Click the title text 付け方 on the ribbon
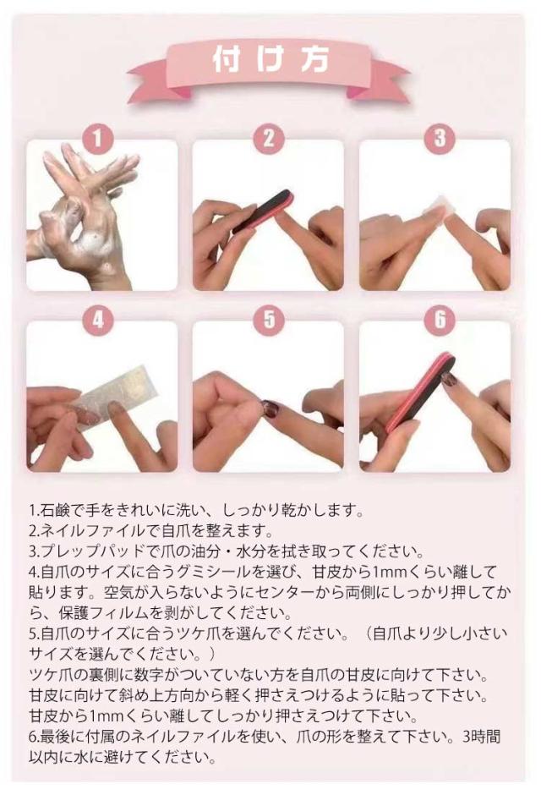coord(271,60)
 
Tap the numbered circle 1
coord(98,138)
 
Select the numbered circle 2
coord(269,138)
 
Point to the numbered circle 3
coord(440,138)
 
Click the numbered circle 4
coord(98,320)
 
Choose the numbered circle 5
coord(269,320)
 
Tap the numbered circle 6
coord(440,320)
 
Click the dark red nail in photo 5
coord(270,408)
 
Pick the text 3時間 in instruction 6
coord(481,736)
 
